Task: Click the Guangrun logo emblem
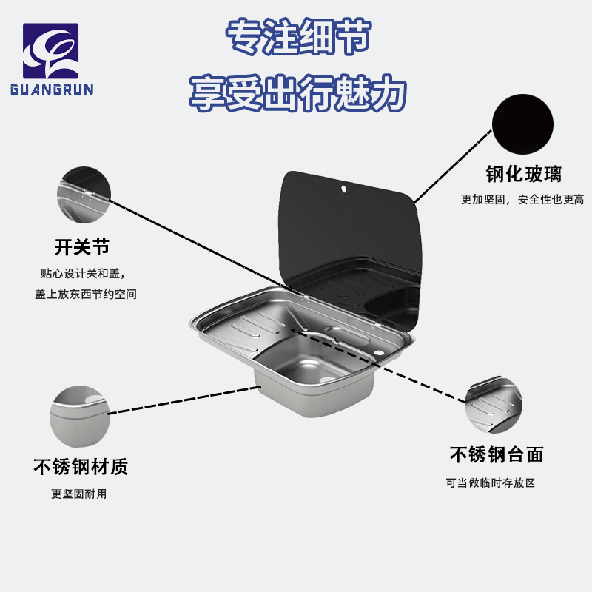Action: (x=50, y=51)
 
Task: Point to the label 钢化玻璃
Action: (x=523, y=174)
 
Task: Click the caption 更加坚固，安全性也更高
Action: (x=522, y=200)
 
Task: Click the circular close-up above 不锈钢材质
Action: (x=79, y=414)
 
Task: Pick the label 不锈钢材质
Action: (x=80, y=467)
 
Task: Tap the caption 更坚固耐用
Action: (x=79, y=494)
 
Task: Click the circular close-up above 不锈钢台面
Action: (x=493, y=403)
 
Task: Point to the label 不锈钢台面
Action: (x=496, y=454)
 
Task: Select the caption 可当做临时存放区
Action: (x=490, y=482)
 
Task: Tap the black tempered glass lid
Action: (x=348, y=237)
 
